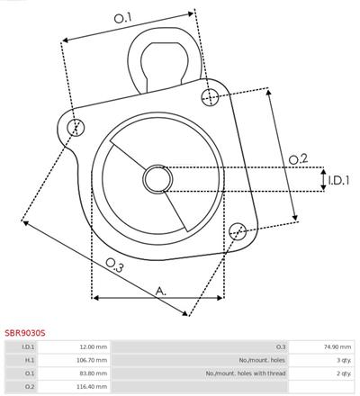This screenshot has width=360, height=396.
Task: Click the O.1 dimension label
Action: pyautogui.click(x=122, y=18)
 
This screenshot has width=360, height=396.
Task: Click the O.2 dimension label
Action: pyautogui.click(x=298, y=158)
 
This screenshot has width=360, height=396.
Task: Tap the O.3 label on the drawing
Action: pyautogui.click(x=114, y=265)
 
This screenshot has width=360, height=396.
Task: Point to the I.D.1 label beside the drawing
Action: pyautogui.click(x=338, y=180)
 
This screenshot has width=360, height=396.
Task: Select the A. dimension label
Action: pyautogui.click(x=161, y=291)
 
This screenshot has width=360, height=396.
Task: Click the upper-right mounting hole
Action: pyautogui.click(x=210, y=97)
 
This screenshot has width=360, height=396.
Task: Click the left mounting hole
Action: pyautogui.click(x=76, y=127)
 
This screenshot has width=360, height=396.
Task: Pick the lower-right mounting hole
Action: pyautogui.click(x=238, y=231)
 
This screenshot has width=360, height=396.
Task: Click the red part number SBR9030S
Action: pyautogui.click(x=25, y=333)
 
